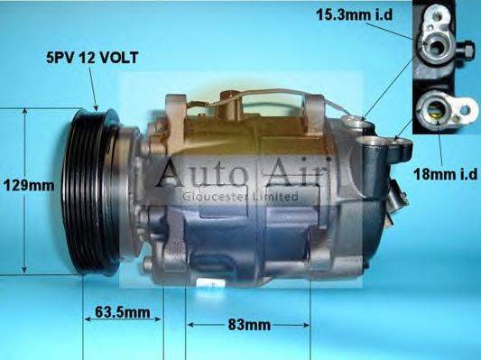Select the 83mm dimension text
click(x=248, y=322)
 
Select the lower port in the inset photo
click(x=431, y=112)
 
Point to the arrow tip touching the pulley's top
click(x=97, y=108)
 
